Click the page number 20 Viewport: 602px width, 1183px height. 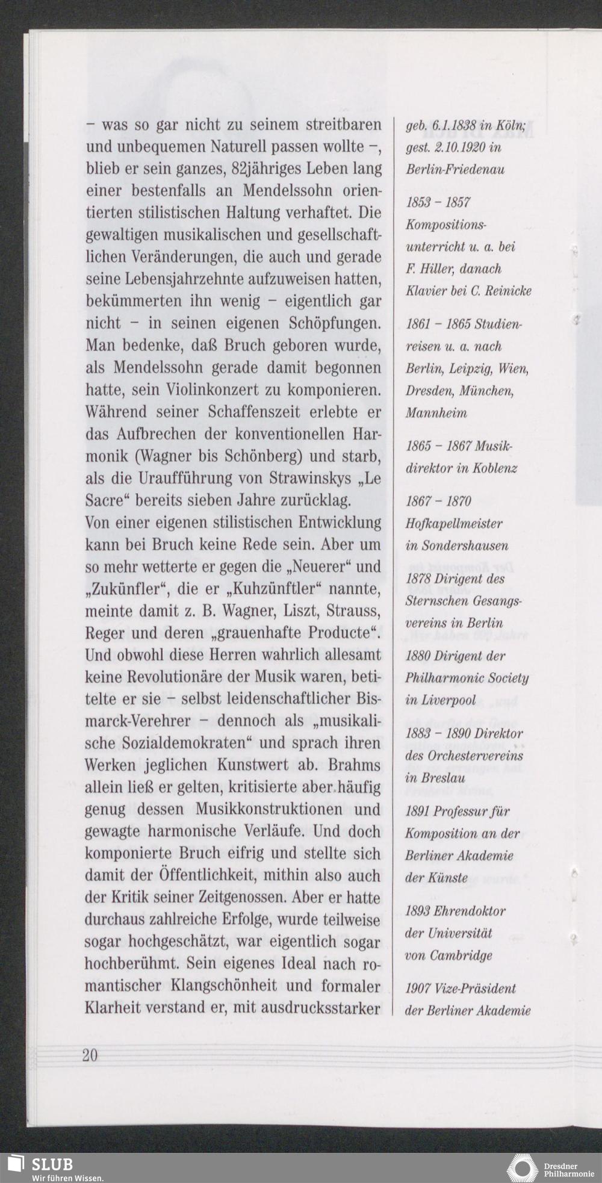click(90, 1055)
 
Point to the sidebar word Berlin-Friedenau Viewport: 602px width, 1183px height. click(455, 169)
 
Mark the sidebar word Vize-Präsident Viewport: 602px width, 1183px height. click(475, 989)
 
